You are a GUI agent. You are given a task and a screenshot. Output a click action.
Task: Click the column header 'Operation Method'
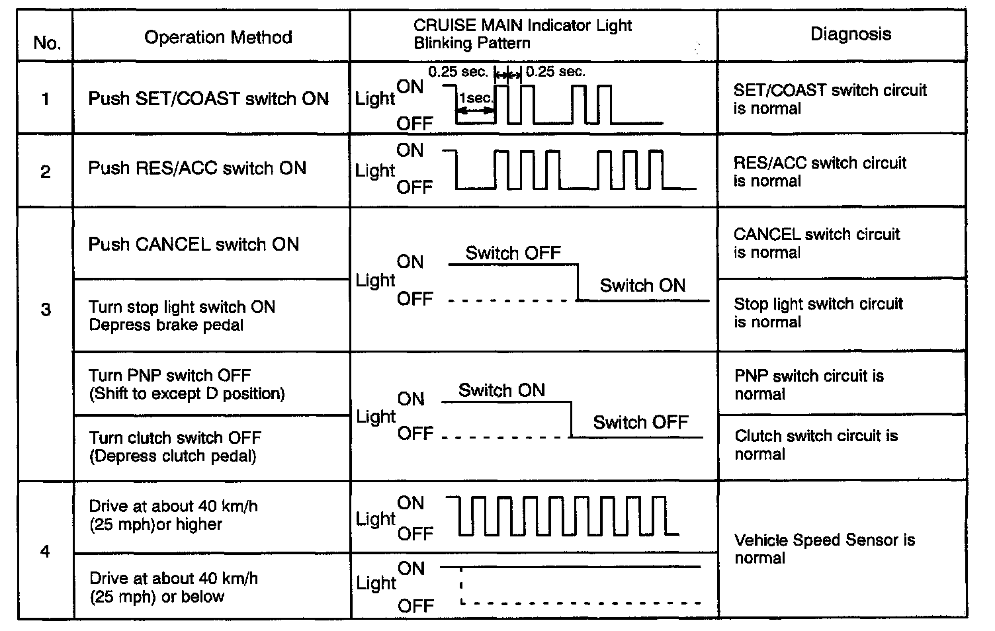tap(218, 37)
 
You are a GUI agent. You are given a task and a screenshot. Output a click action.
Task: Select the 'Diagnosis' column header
tap(851, 34)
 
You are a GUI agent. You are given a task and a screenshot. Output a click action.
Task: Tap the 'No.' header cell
tap(47, 43)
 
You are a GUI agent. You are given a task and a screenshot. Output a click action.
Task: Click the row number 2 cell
tap(46, 172)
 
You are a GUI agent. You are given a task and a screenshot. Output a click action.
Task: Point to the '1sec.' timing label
tap(475, 98)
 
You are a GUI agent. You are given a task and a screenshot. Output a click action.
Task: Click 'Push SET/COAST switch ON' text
tap(208, 99)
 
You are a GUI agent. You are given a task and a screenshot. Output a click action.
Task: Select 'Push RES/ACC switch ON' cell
tap(197, 168)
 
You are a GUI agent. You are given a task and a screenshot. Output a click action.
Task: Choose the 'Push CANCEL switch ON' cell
tap(194, 244)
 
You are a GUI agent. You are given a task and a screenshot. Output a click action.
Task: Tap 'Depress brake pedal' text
tap(166, 325)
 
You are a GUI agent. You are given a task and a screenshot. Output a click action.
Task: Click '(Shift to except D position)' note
tap(187, 394)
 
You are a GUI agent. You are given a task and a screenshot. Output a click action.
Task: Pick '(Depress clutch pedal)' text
tap(173, 456)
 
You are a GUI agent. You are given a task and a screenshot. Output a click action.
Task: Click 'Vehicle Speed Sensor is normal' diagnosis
tap(824, 549)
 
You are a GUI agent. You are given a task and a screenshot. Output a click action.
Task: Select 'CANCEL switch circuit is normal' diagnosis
tap(816, 243)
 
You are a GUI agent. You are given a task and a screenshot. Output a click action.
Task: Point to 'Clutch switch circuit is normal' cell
tap(816, 444)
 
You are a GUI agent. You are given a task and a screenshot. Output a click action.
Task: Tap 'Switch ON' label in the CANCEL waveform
tap(642, 286)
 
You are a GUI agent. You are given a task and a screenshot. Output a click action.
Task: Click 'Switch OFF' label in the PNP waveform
tap(640, 423)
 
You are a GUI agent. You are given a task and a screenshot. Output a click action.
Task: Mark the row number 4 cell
tap(45, 551)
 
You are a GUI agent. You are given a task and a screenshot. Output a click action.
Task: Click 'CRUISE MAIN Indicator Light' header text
tap(523, 26)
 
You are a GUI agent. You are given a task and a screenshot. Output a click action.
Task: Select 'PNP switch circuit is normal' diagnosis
tap(808, 385)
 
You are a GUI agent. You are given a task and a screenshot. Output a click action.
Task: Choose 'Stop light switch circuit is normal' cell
tap(818, 313)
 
